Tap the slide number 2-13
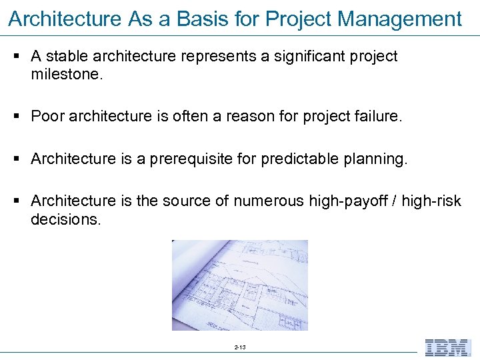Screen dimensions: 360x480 click(x=240, y=348)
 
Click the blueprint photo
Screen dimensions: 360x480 click(x=240, y=285)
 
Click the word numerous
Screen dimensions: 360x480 click(x=269, y=201)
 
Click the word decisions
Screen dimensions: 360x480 click(x=66, y=219)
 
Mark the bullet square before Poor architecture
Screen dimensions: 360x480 click(x=16, y=117)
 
